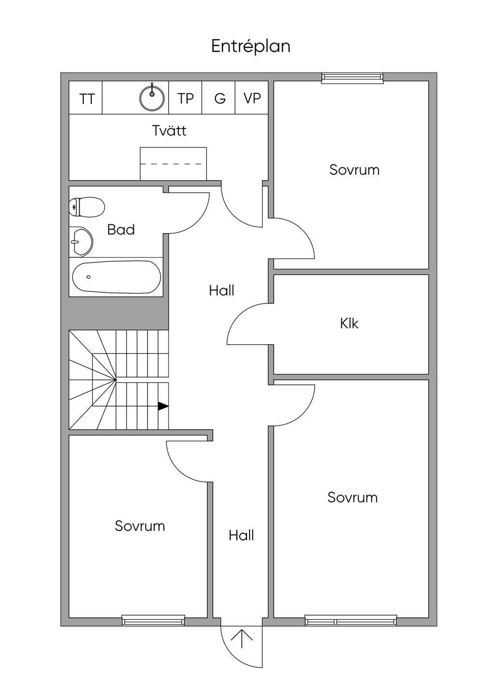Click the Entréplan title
251,47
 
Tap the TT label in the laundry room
87,100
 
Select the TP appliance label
186,99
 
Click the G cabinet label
220,99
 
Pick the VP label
252,99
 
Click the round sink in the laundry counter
152,97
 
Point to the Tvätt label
169,131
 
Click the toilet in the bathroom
87,207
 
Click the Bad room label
121,230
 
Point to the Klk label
349,323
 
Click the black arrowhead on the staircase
163,406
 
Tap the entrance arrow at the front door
242,639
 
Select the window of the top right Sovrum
352,77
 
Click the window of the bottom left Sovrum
153,621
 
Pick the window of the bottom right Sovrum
350,621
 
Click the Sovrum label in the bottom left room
140,526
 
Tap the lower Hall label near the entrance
241,535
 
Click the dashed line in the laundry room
173,164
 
